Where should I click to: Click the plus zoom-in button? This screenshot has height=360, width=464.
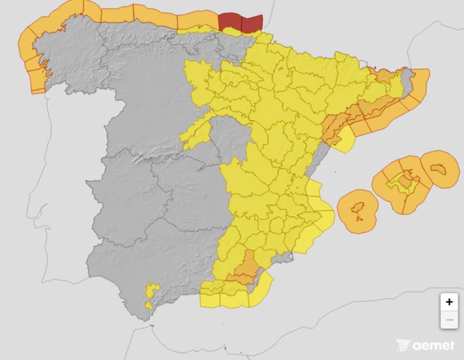(449, 302)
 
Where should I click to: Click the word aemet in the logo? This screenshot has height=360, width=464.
(434, 346)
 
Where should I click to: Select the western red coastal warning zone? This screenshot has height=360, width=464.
(229, 21)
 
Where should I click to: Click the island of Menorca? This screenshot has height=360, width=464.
(439, 169)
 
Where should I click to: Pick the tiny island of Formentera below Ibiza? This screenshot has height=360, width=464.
(360, 220)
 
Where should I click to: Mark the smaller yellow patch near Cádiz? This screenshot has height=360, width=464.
(149, 304)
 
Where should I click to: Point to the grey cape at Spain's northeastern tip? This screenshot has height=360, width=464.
(408, 81)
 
